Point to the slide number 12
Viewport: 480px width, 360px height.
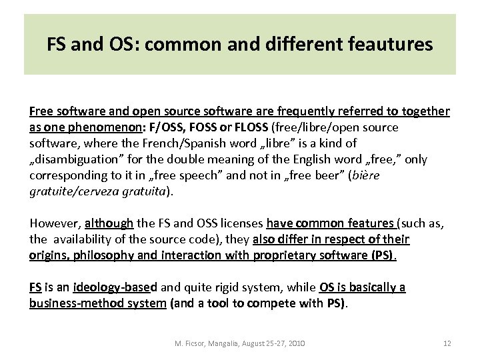coord(447,343)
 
